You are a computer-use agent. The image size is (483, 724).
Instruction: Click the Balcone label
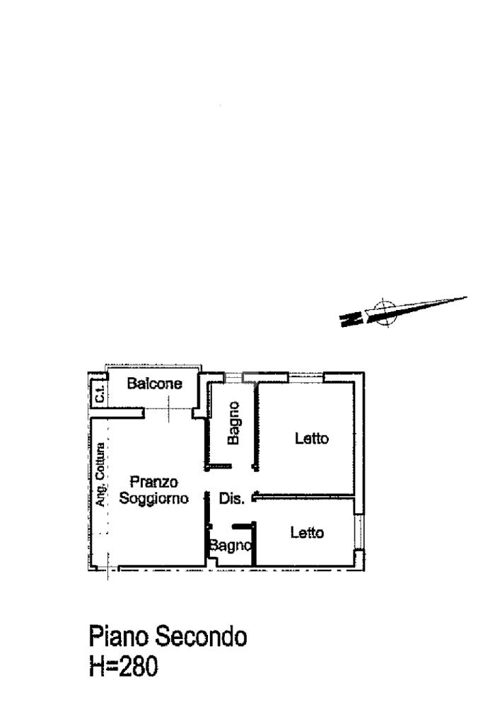(154, 384)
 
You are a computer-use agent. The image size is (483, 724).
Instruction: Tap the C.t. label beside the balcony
(99, 394)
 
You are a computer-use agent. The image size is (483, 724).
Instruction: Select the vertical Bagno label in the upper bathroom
(233, 423)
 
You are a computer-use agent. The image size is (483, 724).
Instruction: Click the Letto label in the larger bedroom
(312, 439)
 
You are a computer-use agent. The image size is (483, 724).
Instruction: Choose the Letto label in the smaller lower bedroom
(308, 533)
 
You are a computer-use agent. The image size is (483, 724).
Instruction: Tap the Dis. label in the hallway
(231, 499)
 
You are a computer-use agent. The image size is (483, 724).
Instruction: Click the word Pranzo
(153, 483)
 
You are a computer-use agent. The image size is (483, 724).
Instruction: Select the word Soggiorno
(153, 498)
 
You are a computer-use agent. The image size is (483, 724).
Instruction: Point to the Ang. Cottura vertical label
(101, 474)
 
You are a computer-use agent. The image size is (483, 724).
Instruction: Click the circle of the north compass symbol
(383, 312)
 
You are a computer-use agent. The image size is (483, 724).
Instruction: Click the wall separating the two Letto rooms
(304, 496)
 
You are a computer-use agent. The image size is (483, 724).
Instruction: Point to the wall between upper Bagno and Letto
(256, 425)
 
